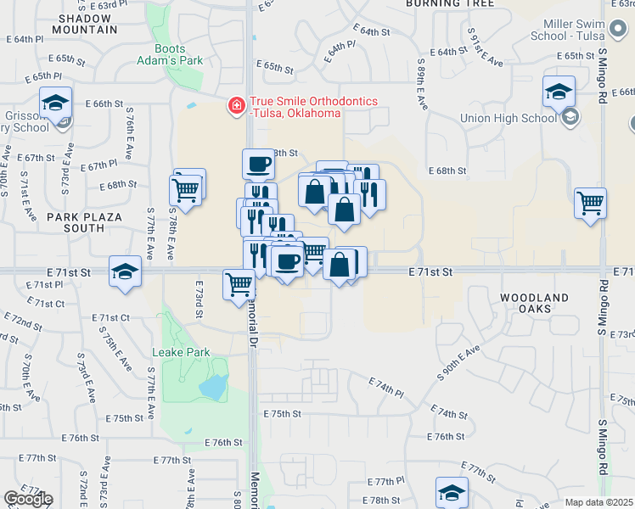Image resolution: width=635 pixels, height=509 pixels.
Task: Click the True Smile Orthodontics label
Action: point(308,107)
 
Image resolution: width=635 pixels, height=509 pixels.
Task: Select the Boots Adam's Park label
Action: point(172,55)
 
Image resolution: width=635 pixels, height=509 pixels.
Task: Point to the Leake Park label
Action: point(180,352)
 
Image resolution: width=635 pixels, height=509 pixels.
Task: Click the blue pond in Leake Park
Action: point(211,387)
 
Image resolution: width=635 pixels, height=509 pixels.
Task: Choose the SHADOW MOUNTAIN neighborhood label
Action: point(84,24)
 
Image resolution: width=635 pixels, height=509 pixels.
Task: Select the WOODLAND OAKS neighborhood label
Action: point(534,303)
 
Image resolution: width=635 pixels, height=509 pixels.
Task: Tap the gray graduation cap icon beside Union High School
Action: point(570,117)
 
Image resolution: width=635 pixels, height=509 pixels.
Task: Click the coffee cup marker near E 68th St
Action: point(259,163)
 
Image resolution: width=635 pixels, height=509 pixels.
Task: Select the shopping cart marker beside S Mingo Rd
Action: point(590,203)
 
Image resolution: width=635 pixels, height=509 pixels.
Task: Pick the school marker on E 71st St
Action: point(126,271)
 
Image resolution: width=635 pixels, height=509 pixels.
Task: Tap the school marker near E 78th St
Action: point(452,492)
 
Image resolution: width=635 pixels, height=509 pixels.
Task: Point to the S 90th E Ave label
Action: point(459,362)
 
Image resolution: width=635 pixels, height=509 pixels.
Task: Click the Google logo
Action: point(28,499)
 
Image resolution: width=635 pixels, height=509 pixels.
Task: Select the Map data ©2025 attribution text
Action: point(598,502)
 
